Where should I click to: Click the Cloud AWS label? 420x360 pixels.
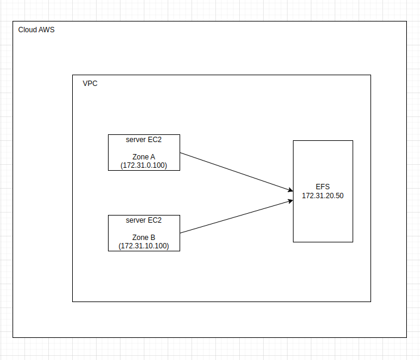pos(36,30)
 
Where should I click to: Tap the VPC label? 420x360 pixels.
pos(90,84)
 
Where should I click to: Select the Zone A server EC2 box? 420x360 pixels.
pos(144,152)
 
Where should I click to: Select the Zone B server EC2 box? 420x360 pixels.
pos(144,233)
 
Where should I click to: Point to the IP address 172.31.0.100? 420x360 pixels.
pos(144,165)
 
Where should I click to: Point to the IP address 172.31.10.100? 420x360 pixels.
pos(144,245)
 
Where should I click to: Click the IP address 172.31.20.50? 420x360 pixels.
pos(323,196)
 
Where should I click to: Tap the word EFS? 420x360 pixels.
pos(323,187)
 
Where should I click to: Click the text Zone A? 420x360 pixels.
pos(144,156)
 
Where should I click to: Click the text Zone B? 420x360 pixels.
pos(144,237)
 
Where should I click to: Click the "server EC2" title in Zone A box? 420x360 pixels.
pos(144,140)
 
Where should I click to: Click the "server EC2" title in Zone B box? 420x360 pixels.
pos(144,220)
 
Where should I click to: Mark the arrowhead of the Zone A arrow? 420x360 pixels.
pos(290,191)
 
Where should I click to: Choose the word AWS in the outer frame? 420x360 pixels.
pos(47,30)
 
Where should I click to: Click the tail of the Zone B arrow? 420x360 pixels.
pos(181,232)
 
